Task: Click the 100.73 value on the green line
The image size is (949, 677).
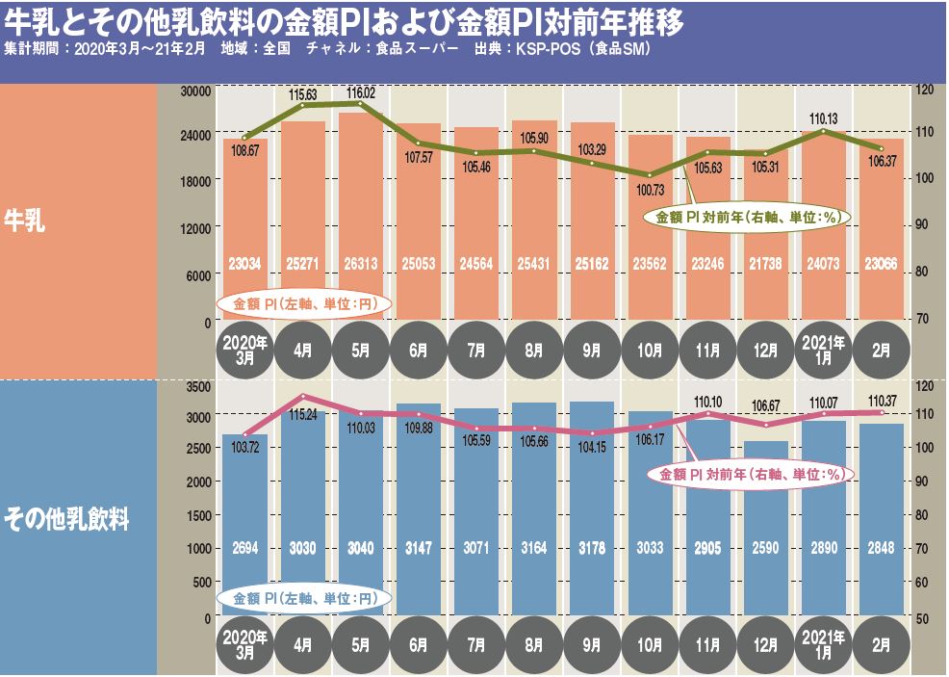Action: [x=651, y=190]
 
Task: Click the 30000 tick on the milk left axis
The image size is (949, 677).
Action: [x=195, y=91]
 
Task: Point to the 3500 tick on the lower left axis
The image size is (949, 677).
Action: [x=198, y=387]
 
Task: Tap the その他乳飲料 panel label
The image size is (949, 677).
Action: [x=66, y=521]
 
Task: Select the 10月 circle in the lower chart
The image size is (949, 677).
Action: [x=650, y=643]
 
